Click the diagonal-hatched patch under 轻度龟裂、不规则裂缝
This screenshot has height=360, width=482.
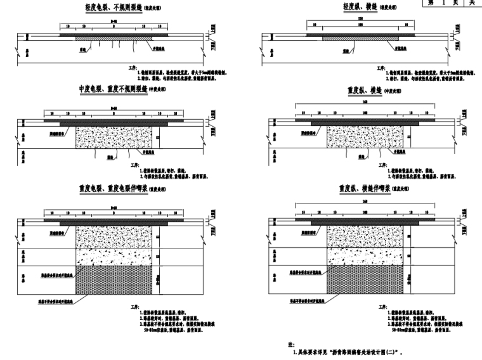click(114, 38)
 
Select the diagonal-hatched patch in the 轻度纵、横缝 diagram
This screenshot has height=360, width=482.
click(357, 37)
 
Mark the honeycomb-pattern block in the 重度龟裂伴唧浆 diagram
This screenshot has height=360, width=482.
click(114, 280)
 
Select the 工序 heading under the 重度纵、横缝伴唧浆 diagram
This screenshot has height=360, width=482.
click(381, 305)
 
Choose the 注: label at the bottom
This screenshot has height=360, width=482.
click(291, 344)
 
